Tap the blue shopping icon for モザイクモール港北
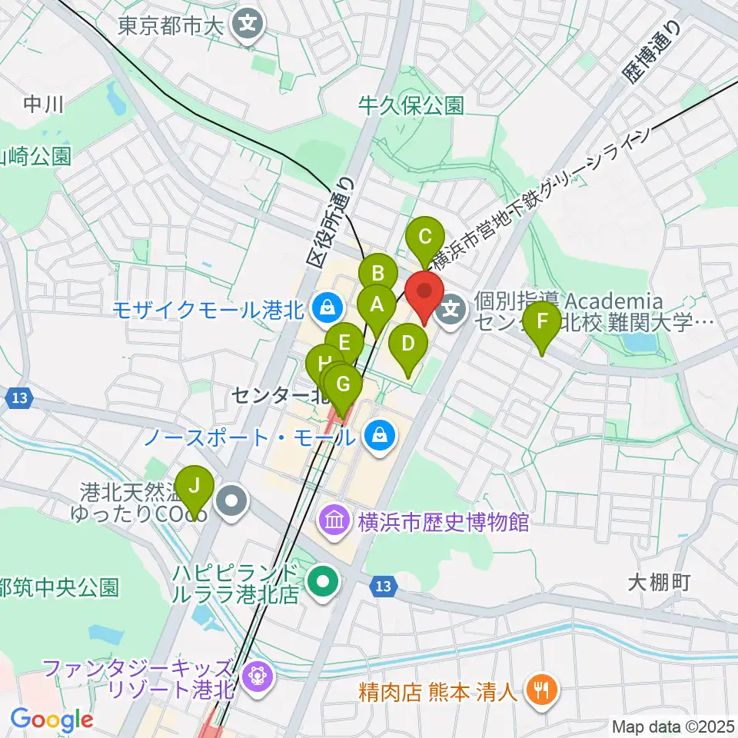click(327, 308)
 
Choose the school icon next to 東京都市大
click(249, 25)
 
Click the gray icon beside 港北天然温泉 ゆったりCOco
click(231, 502)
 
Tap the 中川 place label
click(43, 104)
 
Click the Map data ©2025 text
click(673, 726)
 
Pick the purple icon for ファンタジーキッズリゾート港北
click(252, 677)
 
